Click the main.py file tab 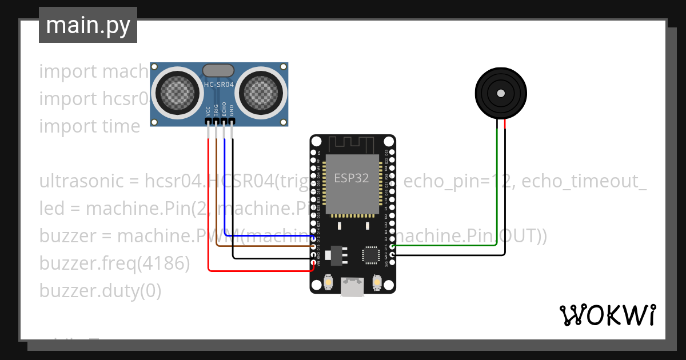coord(88,25)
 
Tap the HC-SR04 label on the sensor coord(218,85)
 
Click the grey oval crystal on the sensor coord(218,70)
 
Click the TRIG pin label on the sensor coord(216,110)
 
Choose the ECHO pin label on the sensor coord(224,109)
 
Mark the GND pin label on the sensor coord(232,110)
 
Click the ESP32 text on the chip coord(352,178)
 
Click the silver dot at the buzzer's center coord(501,93)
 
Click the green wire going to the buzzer coord(497,189)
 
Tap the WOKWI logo coord(607,315)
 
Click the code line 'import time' coord(89,126)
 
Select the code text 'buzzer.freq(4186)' coord(114,263)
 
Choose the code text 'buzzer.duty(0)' coord(100,291)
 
